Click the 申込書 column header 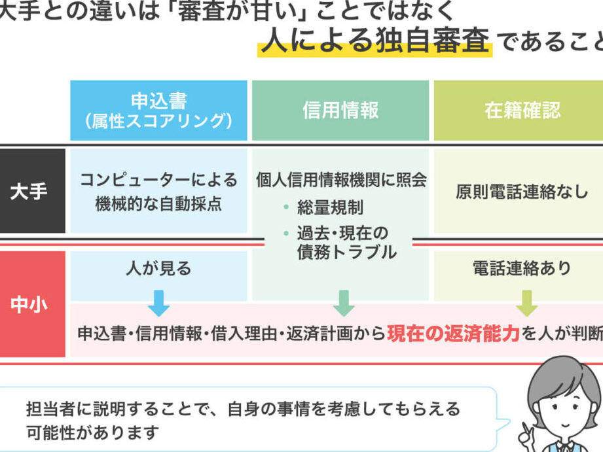pos(158,110)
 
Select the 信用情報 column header pos(340,110)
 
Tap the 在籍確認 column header pos(522,110)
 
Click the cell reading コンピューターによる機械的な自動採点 pos(158,192)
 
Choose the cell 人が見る pos(158,268)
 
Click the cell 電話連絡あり pos(522,268)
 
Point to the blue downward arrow pos(158,304)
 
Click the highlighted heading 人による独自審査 pos(375,42)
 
